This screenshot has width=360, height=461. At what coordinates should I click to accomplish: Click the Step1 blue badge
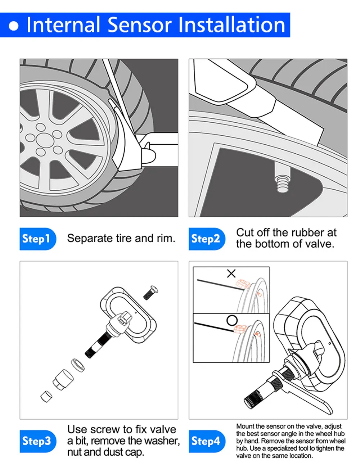click(x=37, y=239)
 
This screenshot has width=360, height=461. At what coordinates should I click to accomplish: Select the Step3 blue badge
click(x=37, y=441)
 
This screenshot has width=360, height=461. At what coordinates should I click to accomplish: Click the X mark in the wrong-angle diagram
click(x=231, y=274)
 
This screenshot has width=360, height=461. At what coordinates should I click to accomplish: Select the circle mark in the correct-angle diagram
click(x=232, y=320)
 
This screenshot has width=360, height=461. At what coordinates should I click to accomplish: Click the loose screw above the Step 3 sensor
click(x=150, y=292)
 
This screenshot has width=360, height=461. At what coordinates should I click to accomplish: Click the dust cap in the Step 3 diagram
click(x=46, y=396)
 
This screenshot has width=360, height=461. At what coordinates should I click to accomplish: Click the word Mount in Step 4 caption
click(x=245, y=426)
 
